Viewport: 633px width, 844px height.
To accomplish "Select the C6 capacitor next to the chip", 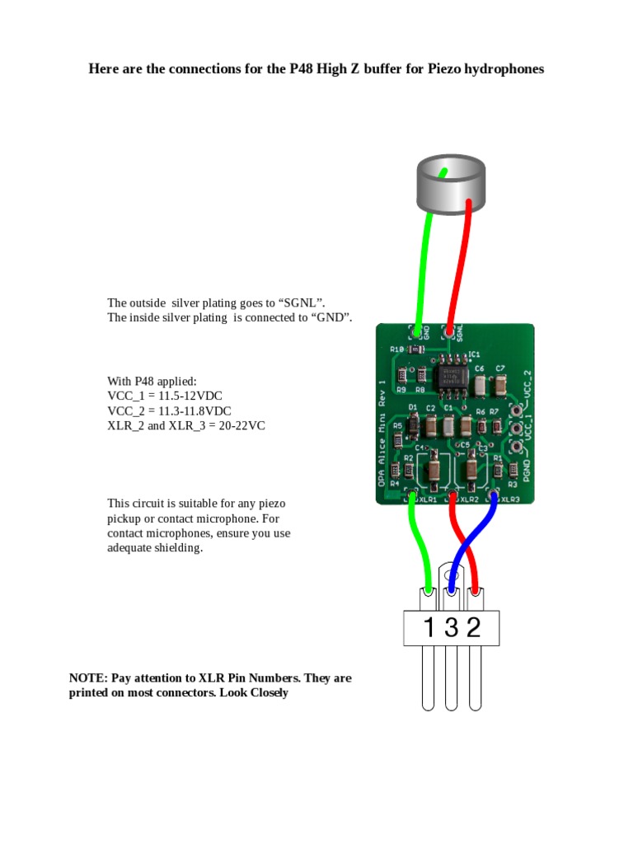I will tap(480, 383).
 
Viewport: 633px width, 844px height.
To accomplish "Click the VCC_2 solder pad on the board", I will tap(516, 410).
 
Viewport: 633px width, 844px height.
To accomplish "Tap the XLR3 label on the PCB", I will tap(510, 499).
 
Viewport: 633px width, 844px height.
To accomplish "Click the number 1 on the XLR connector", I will tap(428, 628).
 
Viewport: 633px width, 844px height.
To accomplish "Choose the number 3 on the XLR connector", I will tap(451, 628).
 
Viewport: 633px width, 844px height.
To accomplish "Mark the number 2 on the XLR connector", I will tap(473, 628).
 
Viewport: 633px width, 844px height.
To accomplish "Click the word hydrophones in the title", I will tap(504, 69).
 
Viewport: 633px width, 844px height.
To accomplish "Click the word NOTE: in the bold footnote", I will tap(88, 678).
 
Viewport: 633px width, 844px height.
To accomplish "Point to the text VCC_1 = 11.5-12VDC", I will tap(164, 396).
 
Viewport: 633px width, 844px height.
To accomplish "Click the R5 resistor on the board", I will tap(397, 427).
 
